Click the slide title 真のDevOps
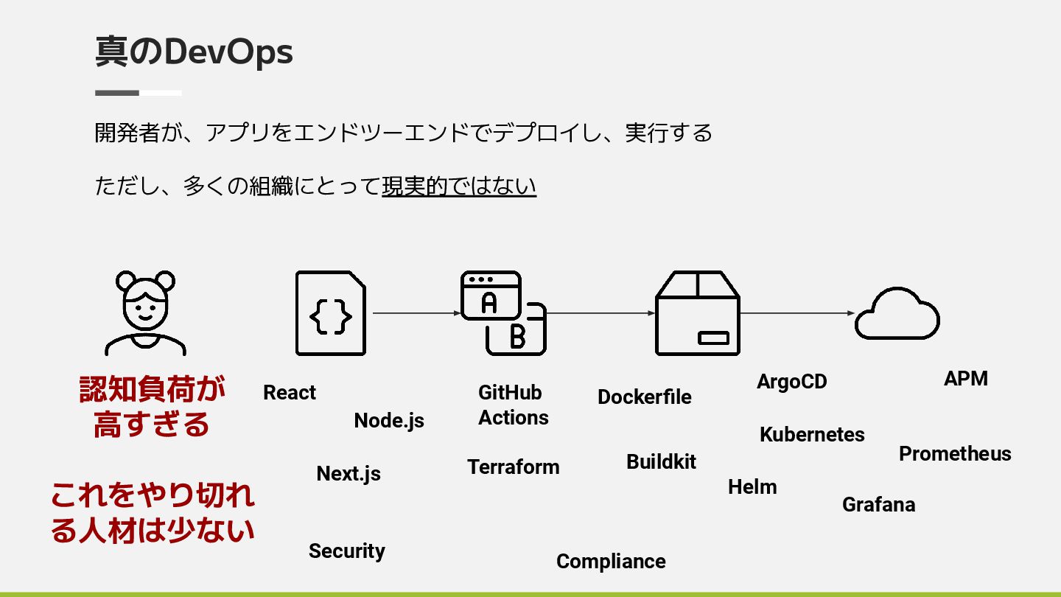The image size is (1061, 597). [194, 52]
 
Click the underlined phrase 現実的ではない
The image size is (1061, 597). [458, 186]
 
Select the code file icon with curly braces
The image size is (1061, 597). [330, 313]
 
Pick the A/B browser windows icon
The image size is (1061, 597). [503, 313]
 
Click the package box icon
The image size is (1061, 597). [697, 313]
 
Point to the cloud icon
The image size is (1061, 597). [897, 314]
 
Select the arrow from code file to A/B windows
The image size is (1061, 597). [416, 313]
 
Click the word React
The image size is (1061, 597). [290, 393]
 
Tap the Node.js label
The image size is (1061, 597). [389, 420]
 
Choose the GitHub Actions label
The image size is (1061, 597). [513, 405]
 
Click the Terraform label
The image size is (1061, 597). [513, 467]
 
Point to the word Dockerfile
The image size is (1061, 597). [644, 397]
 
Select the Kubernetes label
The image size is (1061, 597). [812, 434]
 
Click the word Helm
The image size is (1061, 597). [752, 486]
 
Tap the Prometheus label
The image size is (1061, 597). [955, 453]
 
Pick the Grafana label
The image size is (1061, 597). [878, 504]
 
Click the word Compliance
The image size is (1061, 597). [611, 561]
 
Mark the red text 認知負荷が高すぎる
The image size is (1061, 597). [152, 407]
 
